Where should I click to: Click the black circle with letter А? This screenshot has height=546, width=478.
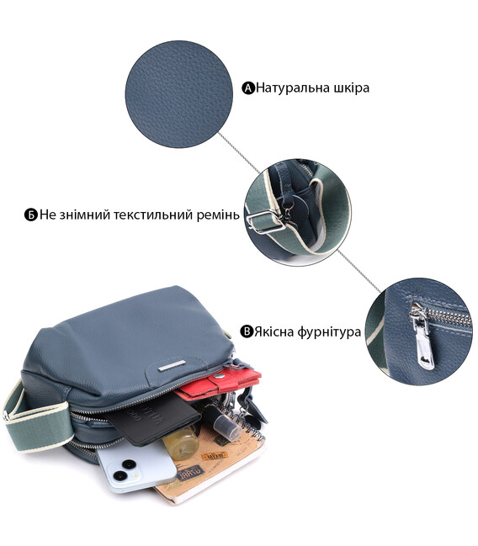(x=248, y=88)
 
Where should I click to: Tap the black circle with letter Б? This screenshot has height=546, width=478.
(x=30, y=215)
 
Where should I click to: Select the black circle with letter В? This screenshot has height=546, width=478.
(x=247, y=331)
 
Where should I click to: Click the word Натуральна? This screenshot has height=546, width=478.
(x=293, y=87)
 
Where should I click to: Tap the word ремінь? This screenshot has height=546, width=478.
(x=218, y=215)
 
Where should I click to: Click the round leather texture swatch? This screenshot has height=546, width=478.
(x=179, y=94)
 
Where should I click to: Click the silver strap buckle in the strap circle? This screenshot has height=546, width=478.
(x=266, y=222)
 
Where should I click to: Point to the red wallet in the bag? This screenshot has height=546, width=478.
(x=220, y=384)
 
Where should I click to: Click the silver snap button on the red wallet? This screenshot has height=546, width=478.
(x=219, y=375)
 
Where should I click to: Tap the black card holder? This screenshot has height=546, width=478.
(x=153, y=420)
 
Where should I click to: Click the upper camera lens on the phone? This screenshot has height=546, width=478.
(x=129, y=464)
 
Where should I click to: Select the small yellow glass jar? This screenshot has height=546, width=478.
(x=181, y=442)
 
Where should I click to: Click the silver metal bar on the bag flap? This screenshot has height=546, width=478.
(x=172, y=366)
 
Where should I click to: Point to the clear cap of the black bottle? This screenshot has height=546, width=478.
(x=227, y=428)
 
